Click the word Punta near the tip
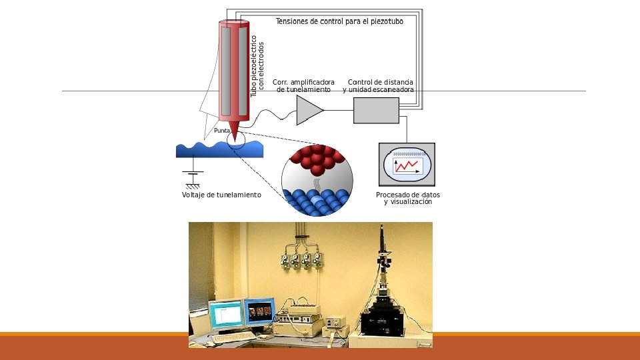coord(222,131)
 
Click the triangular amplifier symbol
coord(309,110)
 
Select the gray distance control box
coord(376,110)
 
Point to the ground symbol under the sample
coord(193,177)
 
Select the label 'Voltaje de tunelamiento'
coord(221,195)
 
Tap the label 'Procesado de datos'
coord(408,195)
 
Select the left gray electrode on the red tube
coord(226,70)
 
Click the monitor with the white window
coord(225,315)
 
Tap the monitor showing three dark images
coord(259,311)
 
